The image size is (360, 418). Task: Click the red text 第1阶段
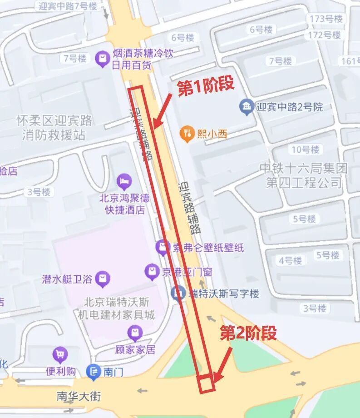(x=206, y=86)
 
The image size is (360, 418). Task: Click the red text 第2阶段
(x=248, y=333)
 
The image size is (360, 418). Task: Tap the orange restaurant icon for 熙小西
(x=187, y=134)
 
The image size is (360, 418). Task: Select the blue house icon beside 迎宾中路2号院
(x=246, y=107)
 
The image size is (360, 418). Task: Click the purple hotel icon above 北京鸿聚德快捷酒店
(x=123, y=182)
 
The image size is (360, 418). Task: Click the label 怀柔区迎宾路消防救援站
(x=54, y=128)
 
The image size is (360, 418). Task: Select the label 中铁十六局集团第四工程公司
(x=303, y=175)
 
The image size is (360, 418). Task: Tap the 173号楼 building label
(x=325, y=19)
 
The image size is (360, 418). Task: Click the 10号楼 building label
(x=305, y=149)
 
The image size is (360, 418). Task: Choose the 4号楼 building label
(x=290, y=260)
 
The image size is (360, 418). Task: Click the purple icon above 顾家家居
(x=135, y=333)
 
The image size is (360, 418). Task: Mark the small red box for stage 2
(x=206, y=383)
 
